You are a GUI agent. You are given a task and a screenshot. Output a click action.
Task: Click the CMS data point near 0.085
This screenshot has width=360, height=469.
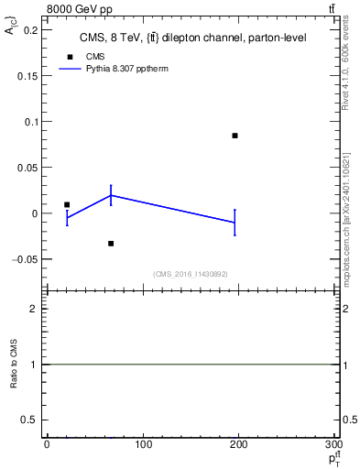(235, 136)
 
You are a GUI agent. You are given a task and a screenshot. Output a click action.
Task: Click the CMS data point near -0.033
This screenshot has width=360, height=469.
(111, 243)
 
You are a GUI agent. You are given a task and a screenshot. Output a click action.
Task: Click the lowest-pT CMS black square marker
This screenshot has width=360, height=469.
(67, 204)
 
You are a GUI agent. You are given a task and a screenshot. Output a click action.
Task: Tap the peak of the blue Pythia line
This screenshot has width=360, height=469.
(111, 195)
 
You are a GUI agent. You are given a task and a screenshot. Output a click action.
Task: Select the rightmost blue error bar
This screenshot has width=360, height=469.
(235, 223)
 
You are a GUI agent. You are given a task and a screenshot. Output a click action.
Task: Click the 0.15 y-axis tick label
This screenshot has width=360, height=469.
(30, 76)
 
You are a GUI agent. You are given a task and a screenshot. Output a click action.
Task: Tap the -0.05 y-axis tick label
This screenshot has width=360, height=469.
(28, 259)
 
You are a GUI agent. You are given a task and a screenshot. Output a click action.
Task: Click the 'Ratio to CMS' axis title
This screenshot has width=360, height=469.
(13, 365)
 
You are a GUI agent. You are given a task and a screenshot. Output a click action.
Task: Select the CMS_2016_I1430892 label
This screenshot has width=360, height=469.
(191, 274)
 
